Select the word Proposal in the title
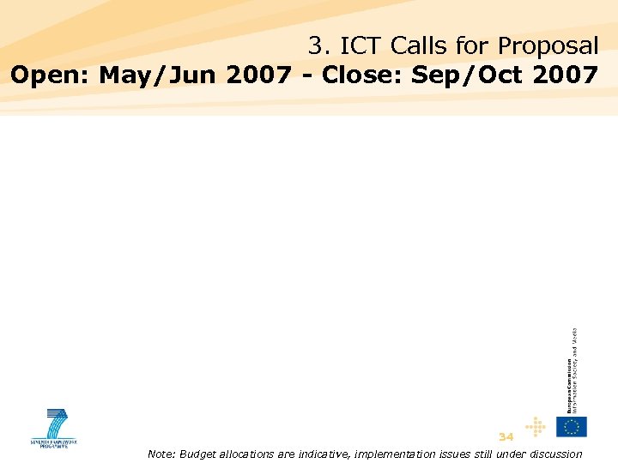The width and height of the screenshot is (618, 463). click(548, 45)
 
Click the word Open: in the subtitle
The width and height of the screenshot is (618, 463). click(51, 75)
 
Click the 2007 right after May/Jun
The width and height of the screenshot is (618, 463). click(258, 75)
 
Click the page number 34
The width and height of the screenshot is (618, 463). click(506, 436)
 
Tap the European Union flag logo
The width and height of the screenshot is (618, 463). click(571, 426)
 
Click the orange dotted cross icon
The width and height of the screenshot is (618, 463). click(536, 426)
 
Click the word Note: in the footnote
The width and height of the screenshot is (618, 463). click(161, 454)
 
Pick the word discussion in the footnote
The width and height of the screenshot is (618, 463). click(550, 454)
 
